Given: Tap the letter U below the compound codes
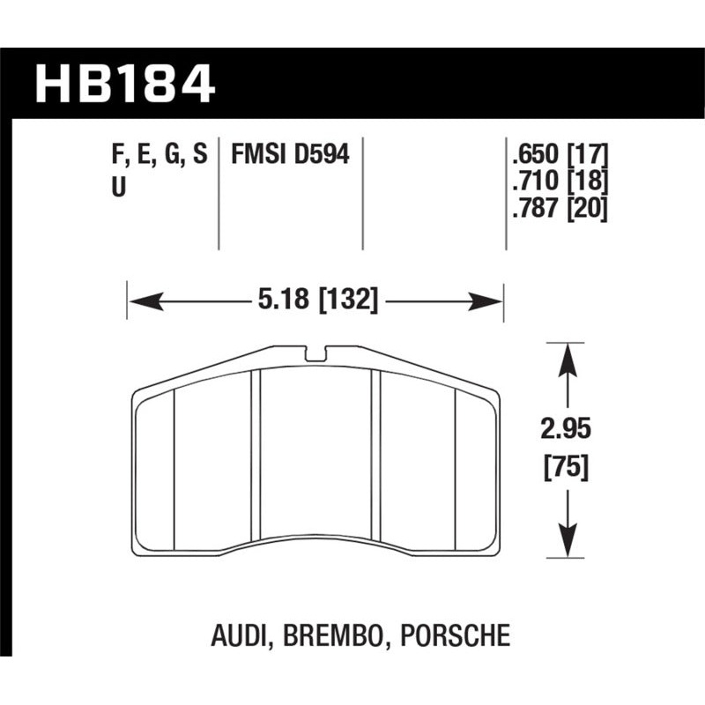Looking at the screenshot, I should click(x=118, y=186).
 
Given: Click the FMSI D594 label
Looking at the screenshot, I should click(x=290, y=156).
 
